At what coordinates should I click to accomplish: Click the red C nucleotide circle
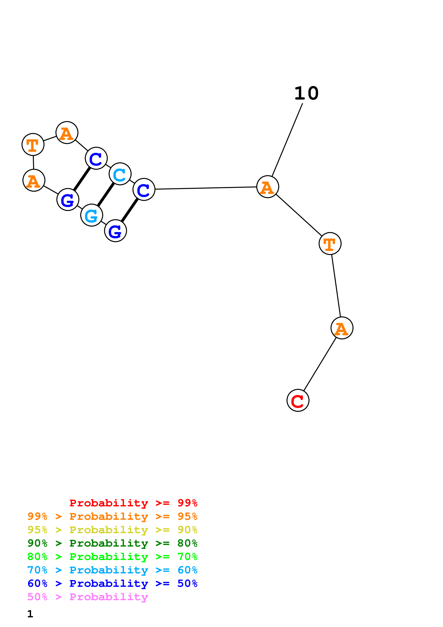click(298, 400)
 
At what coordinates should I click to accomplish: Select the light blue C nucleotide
click(120, 174)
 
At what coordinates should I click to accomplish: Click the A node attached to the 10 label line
click(268, 187)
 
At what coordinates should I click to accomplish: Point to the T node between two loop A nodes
click(33, 144)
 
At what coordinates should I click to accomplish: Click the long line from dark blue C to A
click(206, 188)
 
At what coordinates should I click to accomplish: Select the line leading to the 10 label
click(287, 140)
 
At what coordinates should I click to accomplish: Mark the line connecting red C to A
click(320, 364)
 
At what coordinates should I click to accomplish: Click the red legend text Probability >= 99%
click(133, 503)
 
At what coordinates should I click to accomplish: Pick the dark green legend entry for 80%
click(112, 543)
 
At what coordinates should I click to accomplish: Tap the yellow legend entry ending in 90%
click(112, 530)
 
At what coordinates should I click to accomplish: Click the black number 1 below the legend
click(30, 614)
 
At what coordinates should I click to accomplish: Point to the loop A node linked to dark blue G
click(34, 180)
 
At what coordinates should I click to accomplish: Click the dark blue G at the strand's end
click(115, 231)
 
